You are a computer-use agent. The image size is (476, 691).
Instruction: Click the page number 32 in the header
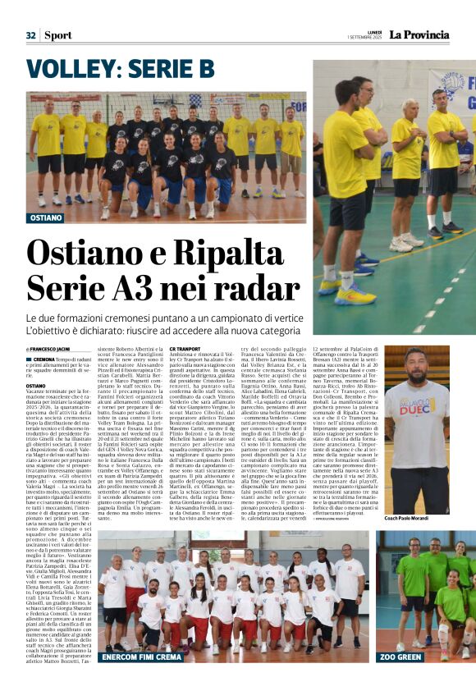[30, 35]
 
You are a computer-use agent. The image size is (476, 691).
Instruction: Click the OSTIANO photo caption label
[46, 218]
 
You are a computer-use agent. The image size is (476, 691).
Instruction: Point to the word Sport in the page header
[57, 35]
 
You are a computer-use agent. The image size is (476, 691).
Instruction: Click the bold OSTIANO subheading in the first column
[36, 385]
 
